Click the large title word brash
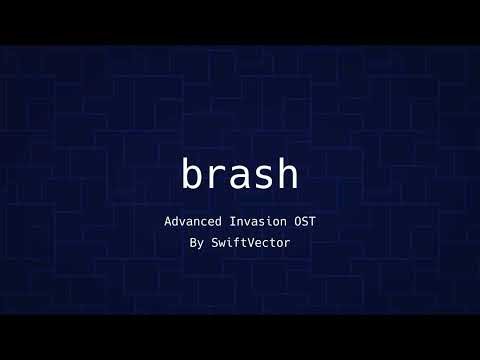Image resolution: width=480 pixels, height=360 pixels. click(240, 174)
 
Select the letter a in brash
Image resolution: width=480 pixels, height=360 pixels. click(240, 177)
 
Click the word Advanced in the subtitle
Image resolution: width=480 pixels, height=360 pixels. click(193, 220)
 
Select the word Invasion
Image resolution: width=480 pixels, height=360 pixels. click(262, 220)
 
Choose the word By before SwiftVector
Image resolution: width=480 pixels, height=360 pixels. click(195, 242)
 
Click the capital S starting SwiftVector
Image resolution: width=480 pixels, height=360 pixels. click(212, 242)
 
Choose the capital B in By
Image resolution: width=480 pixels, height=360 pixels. click(191, 242)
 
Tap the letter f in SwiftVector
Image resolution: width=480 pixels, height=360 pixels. click(235, 242)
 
